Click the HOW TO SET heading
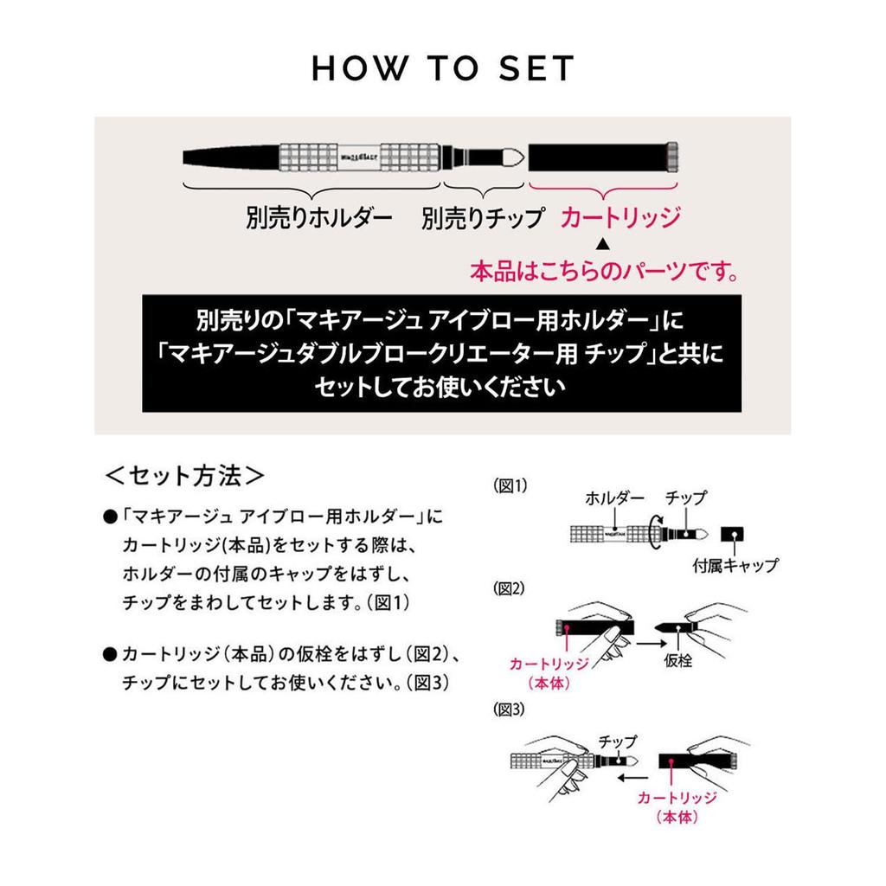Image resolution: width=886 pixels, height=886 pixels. [x=443, y=69]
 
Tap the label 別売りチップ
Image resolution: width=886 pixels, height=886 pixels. [x=483, y=218]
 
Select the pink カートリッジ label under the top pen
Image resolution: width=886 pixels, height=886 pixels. [x=620, y=217]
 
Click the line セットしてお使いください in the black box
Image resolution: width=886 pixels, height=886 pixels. [x=442, y=386]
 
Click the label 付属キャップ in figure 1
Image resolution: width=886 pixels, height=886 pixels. [x=735, y=567]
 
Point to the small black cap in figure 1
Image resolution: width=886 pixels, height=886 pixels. [x=733, y=536]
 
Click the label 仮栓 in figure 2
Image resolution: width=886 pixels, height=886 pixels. [x=679, y=660]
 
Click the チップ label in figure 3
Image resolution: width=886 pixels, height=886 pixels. [x=617, y=742]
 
